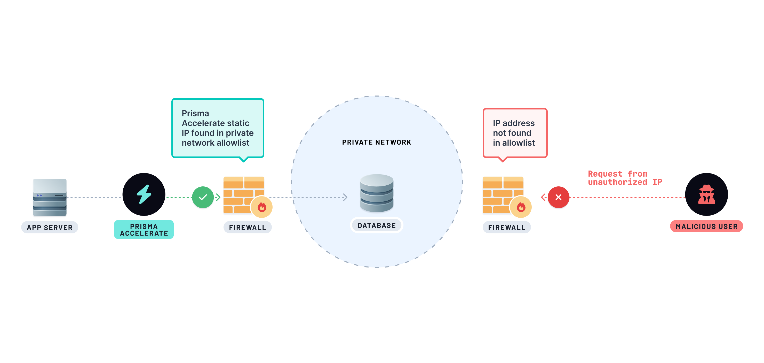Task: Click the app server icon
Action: tap(50, 197)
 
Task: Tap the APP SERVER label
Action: tap(50, 227)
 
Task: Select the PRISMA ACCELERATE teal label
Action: tap(144, 230)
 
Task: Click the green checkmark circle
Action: tap(203, 197)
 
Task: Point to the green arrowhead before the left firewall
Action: tap(218, 197)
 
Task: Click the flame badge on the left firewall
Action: tap(261, 207)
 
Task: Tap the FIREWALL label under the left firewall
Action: tap(247, 227)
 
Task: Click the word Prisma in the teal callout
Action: tap(195, 113)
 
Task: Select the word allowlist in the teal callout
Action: tap(233, 143)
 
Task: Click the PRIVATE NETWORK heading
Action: tap(376, 142)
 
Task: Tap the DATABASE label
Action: tap(376, 225)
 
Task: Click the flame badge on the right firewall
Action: tap(521, 207)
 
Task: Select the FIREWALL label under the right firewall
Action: tap(507, 227)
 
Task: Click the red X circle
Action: tap(558, 197)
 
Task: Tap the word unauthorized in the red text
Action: tap(617, 182)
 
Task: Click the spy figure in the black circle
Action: tap(706, 195)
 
